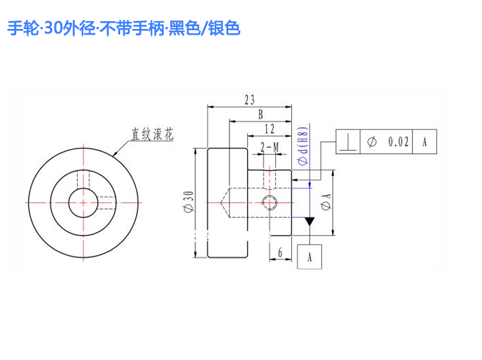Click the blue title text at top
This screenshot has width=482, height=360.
123,28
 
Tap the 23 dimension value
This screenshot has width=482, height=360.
249,100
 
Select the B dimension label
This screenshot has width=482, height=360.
261,114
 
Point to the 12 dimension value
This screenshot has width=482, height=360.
269,129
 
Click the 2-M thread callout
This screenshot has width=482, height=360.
269,147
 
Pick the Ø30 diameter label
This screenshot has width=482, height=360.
188,202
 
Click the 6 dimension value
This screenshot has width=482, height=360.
280,253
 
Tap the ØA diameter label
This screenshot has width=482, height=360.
326,202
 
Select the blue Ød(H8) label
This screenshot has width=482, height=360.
303,146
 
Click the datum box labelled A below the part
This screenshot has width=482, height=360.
310,256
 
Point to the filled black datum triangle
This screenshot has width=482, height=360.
310,221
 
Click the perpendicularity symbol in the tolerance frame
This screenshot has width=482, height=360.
348,142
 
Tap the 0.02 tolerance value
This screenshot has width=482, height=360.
398,141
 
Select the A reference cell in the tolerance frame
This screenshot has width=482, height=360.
425,141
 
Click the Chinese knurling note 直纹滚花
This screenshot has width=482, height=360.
152,134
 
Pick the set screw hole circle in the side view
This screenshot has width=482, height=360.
269,203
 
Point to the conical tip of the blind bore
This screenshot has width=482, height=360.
220,203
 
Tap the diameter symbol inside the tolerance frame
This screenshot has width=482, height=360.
372,141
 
